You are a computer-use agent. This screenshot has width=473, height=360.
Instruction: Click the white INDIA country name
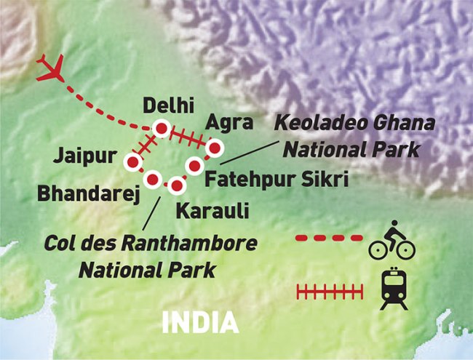[200, 321]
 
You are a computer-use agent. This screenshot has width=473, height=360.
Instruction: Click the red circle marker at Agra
[213, 149]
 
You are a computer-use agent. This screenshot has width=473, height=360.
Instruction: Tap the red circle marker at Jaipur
[133, 162]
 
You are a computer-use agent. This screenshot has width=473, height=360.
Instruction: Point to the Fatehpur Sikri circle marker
[194, 167]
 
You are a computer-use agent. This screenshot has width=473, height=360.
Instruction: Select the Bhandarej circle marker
[153, 179]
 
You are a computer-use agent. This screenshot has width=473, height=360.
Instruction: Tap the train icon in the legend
[394, 290]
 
